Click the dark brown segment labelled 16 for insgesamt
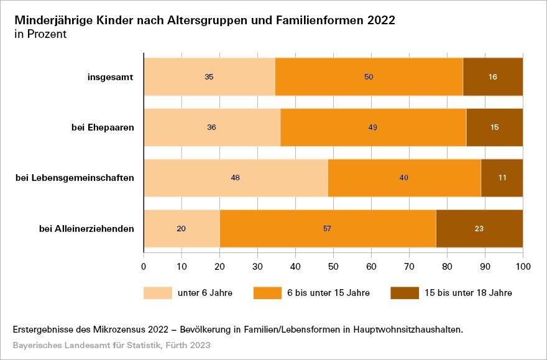pyautogui.click(x=493, y=77)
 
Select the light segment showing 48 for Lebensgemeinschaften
pyautogui.click(x=236, y=178)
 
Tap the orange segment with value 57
pyautogui.click(x=328, y=228)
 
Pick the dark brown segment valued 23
pyautogui.click(x=479, y=228)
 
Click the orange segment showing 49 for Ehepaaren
pyautogui.click(x=373, y=127)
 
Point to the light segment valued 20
pyautogui.click(x=182, y=228)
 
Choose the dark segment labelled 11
pyautogui.click(x=502, y=178)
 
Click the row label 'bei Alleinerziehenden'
pyautogui.click(x=87, y=228)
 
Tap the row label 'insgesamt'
pyautogui.click(x=111, y=77)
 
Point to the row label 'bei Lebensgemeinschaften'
pyautogui.click(x=75, y=178)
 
